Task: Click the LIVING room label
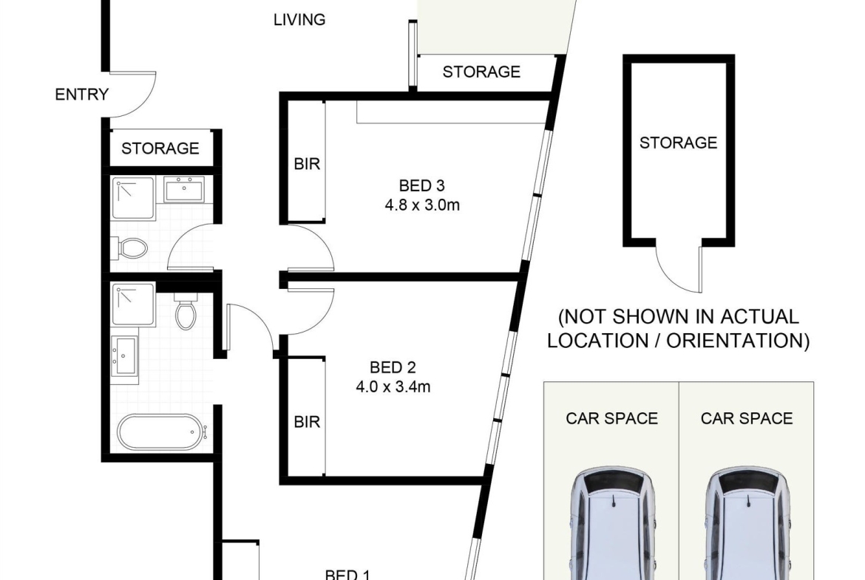click(x=299, y=20)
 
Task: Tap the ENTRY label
click(x=81, y=95)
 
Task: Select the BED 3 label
click(x=422, y=185)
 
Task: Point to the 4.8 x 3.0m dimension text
click(x=422, y=205)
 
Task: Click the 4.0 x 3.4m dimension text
click(x=393, y=386)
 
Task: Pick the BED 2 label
click(x=393, y=367)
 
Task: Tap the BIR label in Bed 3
click(x=307, y=164)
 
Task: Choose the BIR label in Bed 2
click(x=307, y=422)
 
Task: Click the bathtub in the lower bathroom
click(x=162, y=431)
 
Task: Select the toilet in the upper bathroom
click(x=129, y=248)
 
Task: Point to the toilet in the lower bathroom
click(x=186, y=310)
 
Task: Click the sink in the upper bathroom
click(x=184, y=190)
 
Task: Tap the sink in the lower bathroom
click(x=125, y=355)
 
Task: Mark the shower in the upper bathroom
click(x=133, y=198)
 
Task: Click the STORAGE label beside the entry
click(x=160, y=149)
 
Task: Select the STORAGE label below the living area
click(x=481, y=72)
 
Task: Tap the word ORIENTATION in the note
click(x=738, y=340)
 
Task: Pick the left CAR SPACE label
click(x=612, y=418)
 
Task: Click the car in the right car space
click(x=747, y=524)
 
